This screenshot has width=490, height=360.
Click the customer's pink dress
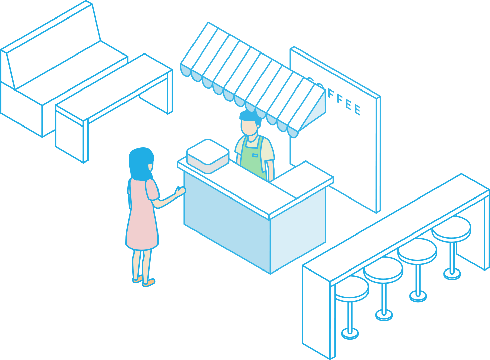point(142,219)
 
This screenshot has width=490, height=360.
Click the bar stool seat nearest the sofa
point(351,288)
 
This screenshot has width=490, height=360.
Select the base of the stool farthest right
point(452,273)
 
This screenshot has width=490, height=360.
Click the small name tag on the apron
point(255,155)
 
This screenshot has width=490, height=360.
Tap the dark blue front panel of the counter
point(225,219)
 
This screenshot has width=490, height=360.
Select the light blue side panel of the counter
point(298,229)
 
